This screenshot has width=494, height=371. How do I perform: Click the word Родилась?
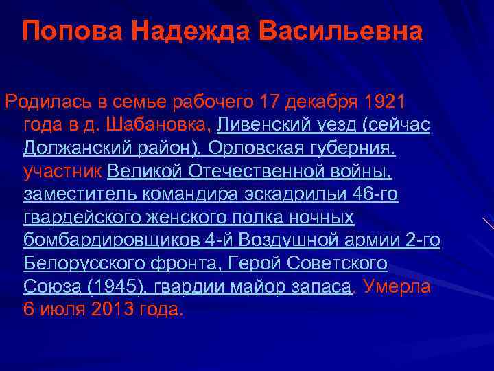tap(46, 102)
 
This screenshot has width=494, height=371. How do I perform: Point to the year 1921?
tap(386, 102)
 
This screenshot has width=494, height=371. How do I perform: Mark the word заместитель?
tap(80, 195)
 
